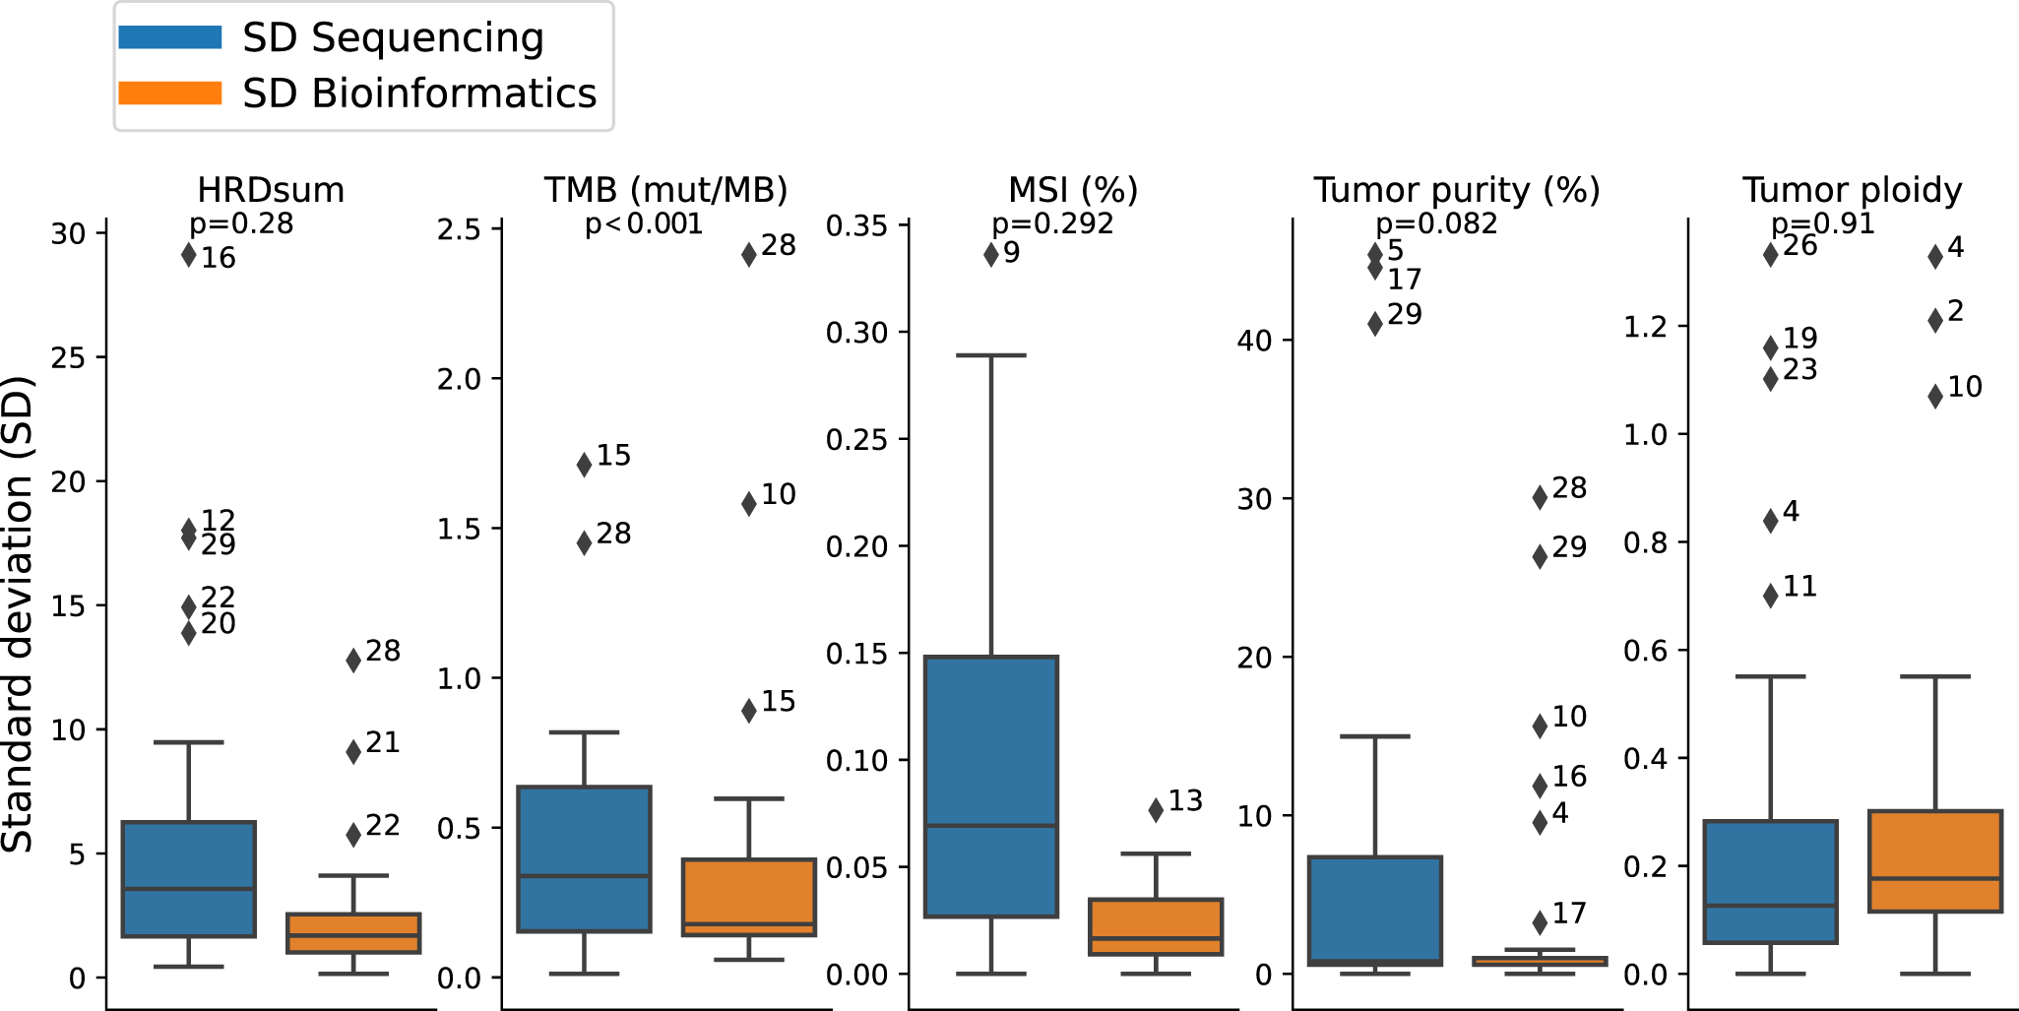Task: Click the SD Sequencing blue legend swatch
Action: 169,37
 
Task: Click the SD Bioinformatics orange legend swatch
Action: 169,94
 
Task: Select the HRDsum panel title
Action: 271,190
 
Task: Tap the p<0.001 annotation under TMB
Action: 644,224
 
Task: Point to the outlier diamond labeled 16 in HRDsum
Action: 189,255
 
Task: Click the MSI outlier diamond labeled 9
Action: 991,255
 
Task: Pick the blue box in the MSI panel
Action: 991,786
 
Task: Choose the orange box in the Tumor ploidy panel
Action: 1935,861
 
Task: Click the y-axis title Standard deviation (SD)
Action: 18,614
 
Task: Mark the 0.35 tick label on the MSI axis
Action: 856,226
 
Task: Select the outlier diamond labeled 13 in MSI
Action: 1156,809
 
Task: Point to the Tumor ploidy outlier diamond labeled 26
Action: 1771,254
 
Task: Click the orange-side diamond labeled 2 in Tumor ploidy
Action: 1935,320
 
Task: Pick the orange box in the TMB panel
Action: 749,897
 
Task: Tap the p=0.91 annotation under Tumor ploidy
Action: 1823,224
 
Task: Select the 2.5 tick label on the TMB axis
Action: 459,230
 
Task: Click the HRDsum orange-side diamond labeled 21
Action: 353,752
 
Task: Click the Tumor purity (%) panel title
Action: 1456,190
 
